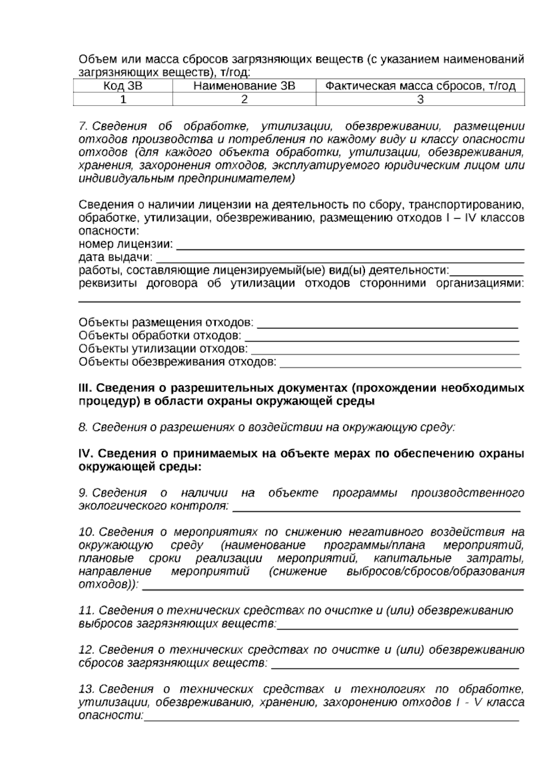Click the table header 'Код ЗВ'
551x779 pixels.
pos(123,86)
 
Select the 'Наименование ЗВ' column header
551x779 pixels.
pos(244,86)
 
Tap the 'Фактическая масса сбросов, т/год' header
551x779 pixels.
pos(420,86)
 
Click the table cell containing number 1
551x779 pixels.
pos(123,99)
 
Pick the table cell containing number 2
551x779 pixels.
pos(244,99)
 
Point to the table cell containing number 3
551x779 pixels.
pos(420,99)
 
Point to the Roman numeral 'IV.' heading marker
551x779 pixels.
pos(86,454)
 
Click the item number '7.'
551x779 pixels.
pos(83,126)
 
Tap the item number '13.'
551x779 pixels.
pos(86,689)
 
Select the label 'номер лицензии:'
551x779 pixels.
pos(126,243)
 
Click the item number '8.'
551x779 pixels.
pos(83,428)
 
